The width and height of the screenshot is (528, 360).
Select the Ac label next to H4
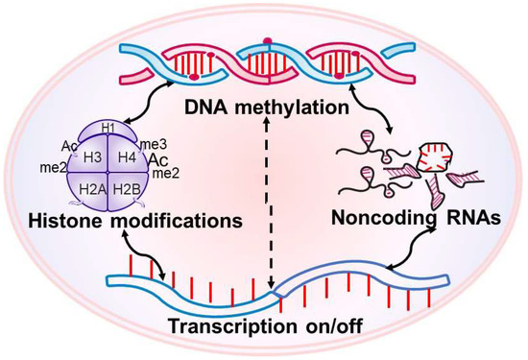pyautogui.click(x=158, y=158)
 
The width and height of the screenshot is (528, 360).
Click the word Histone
pyautogui.click(x=68, y=222)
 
